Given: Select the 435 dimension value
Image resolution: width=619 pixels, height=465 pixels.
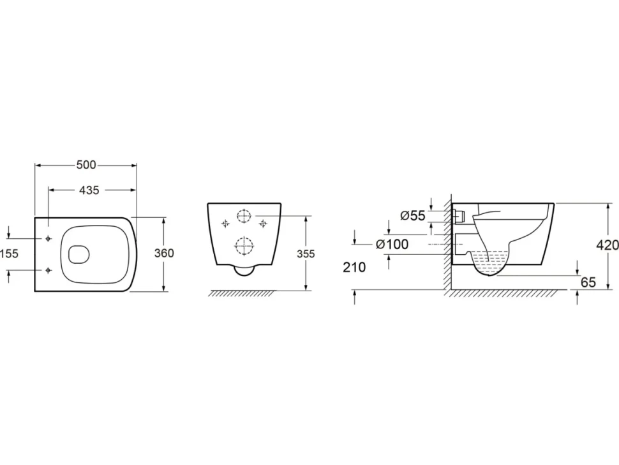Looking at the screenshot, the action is click(89, 190).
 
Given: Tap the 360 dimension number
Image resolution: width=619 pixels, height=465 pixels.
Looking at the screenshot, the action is click(164, 253).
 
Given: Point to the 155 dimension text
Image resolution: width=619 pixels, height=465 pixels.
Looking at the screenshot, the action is click(10, 253).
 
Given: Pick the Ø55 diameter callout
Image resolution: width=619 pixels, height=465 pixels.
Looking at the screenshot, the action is click(413, 216).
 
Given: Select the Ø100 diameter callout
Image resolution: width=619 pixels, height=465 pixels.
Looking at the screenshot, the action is click(392, 245).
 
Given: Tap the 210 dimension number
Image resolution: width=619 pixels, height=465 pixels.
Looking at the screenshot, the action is click(354, 268).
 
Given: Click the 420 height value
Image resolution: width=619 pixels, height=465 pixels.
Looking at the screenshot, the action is click(608, 245).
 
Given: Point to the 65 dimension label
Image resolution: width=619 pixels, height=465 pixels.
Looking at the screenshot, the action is click(588, 282).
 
